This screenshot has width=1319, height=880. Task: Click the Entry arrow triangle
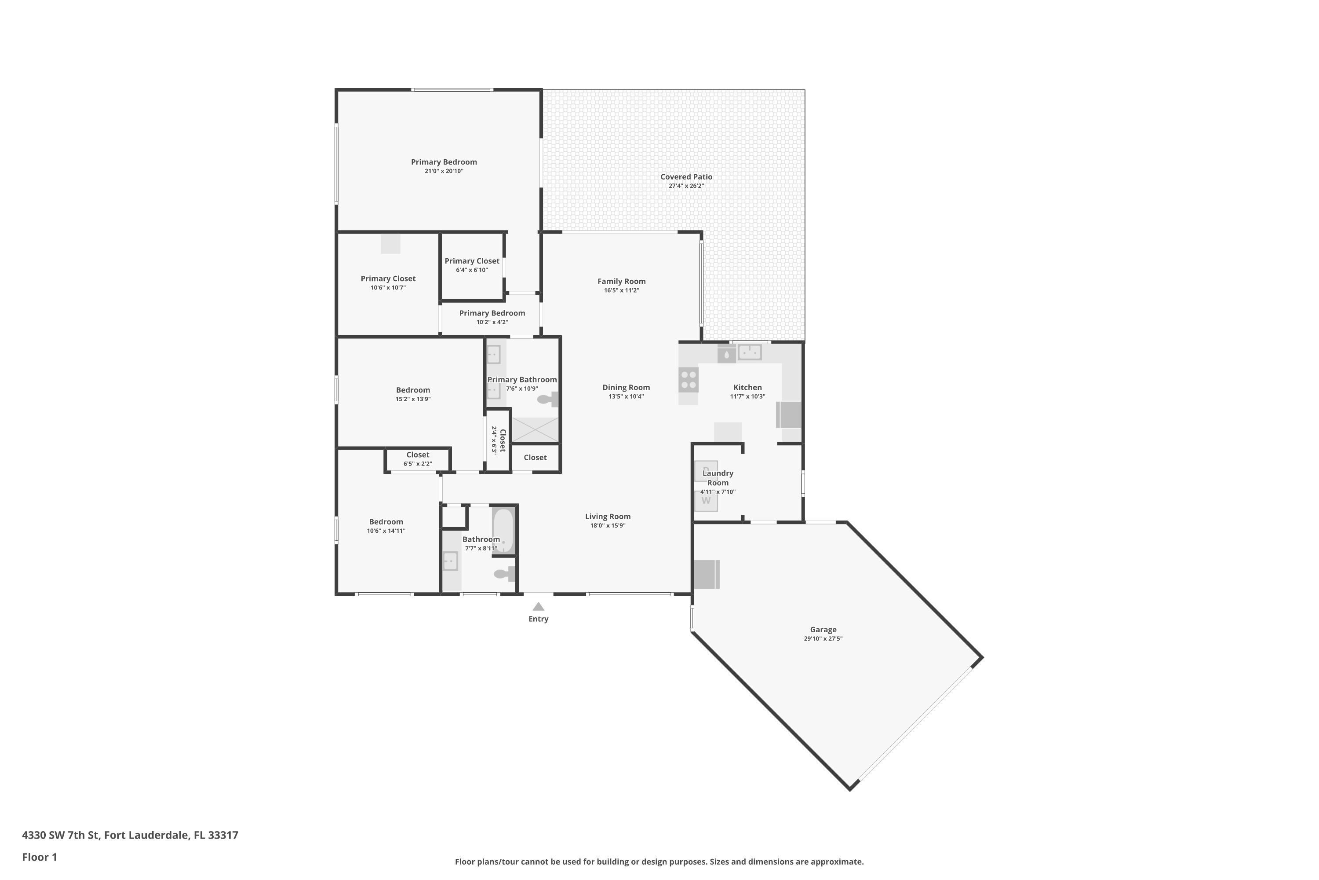[x=538, y=607]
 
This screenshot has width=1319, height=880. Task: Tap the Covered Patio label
[x=686, y=177]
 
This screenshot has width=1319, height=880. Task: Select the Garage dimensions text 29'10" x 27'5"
[x=823, y=639]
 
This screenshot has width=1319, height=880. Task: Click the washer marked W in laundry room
[x=706, y=501]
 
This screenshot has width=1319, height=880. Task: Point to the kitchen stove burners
[x=688, y=379]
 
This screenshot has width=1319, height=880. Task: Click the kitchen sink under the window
[x=749, y=352]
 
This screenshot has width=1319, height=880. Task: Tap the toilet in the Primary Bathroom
[x=547, y=399]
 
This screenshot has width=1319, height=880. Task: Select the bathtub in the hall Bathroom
[x=503, y=530]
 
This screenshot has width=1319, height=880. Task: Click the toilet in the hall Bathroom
[x=503, y=574]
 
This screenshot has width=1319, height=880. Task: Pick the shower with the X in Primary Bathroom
[x=535, y=429]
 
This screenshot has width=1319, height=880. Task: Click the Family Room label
[x=621, y=281]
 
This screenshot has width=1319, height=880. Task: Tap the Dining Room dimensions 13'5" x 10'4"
[x=626, y=396]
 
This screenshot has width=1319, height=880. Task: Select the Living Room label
[x=607, y=516]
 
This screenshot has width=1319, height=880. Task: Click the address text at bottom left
[x=130, y=835]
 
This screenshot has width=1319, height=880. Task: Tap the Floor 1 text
[x=39, y=857]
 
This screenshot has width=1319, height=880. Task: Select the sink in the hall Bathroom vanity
[x=450, y=561]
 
